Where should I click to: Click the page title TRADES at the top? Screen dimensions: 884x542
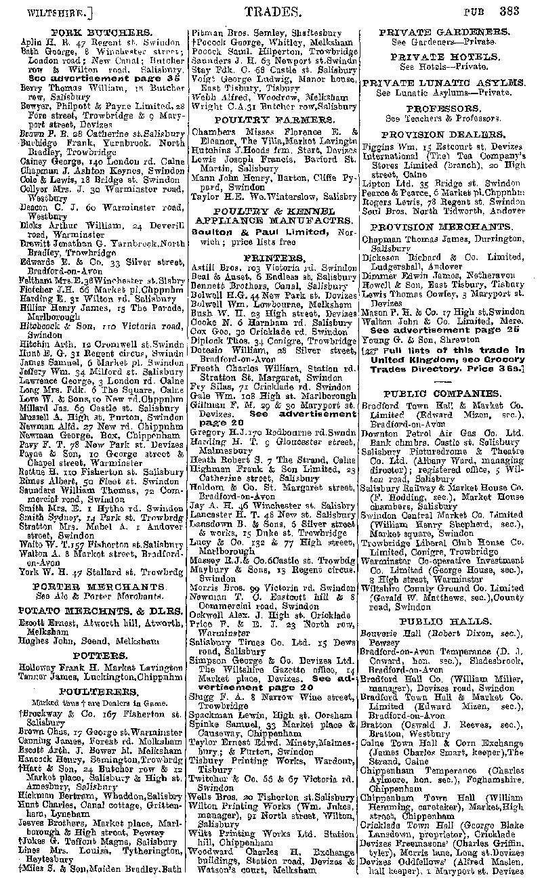click(x=272, y=11)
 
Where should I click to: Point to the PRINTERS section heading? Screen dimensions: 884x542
click(x=274, y=258)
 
